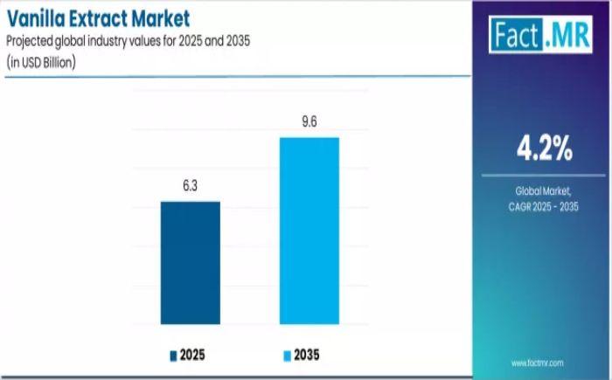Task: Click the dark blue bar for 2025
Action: tap(191, 263)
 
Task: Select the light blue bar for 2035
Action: tap(309, 231)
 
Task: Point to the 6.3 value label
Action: tap(190, 186)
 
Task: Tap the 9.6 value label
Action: tap(309, 121)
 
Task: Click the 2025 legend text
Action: tap(192, 355)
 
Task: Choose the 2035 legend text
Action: tap(306, 355)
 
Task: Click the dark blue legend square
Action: tap(173, 356)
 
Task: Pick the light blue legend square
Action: tap(288, 356)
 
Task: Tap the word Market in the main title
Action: tap(160, 18)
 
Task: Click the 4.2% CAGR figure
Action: tap(545, 149)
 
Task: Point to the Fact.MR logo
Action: tap(540, 34)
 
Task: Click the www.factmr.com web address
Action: tap(538, 363)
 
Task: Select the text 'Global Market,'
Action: tap(543, 190)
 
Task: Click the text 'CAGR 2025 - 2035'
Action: tap(543, 206)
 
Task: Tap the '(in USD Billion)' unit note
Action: tap(41, 62)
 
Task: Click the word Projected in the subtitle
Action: tap(30, 41)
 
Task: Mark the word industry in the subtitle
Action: tap(103, 40)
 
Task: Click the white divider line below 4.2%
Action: tap(543, 176)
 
